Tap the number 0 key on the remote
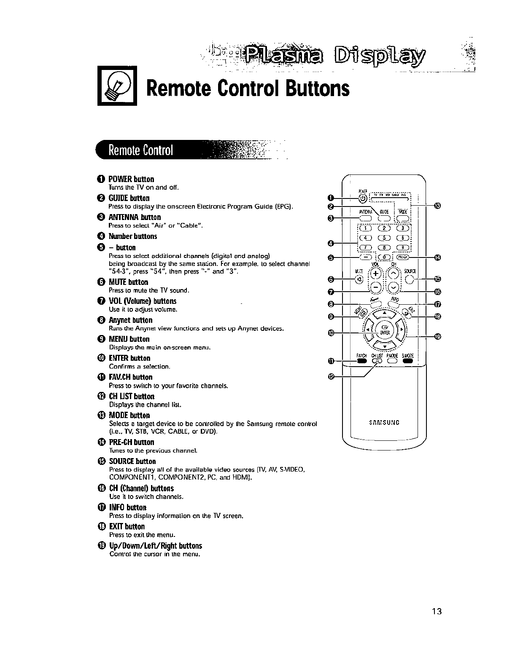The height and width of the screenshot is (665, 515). (383, 258)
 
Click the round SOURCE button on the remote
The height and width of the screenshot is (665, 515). (410, 279)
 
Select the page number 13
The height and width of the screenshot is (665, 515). (436, 611)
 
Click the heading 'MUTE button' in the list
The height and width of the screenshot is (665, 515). (128, 282)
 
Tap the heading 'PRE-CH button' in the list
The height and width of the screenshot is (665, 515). (132, 442)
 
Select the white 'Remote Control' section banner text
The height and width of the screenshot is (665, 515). (141, 150)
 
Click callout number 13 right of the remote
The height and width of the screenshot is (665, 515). (437, 206)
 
